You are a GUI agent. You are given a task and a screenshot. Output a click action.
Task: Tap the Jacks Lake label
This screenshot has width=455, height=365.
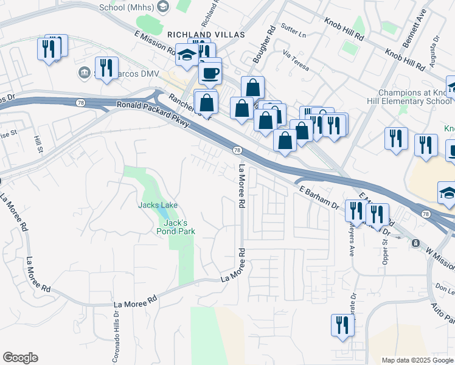[157, 205]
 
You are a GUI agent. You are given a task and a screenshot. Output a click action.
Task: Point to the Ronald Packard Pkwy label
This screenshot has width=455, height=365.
[153, 116]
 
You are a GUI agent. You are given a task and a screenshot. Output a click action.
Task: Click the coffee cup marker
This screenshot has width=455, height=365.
[210, 72]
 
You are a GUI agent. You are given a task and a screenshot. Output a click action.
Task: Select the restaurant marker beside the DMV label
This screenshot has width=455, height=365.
[106, 68]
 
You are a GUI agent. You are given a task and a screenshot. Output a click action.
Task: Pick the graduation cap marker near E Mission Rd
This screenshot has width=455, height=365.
[187, 55]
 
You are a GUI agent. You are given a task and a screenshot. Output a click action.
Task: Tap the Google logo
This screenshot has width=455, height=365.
[20, 358]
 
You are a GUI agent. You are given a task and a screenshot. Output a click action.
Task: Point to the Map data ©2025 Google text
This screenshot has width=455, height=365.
[417, 360]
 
